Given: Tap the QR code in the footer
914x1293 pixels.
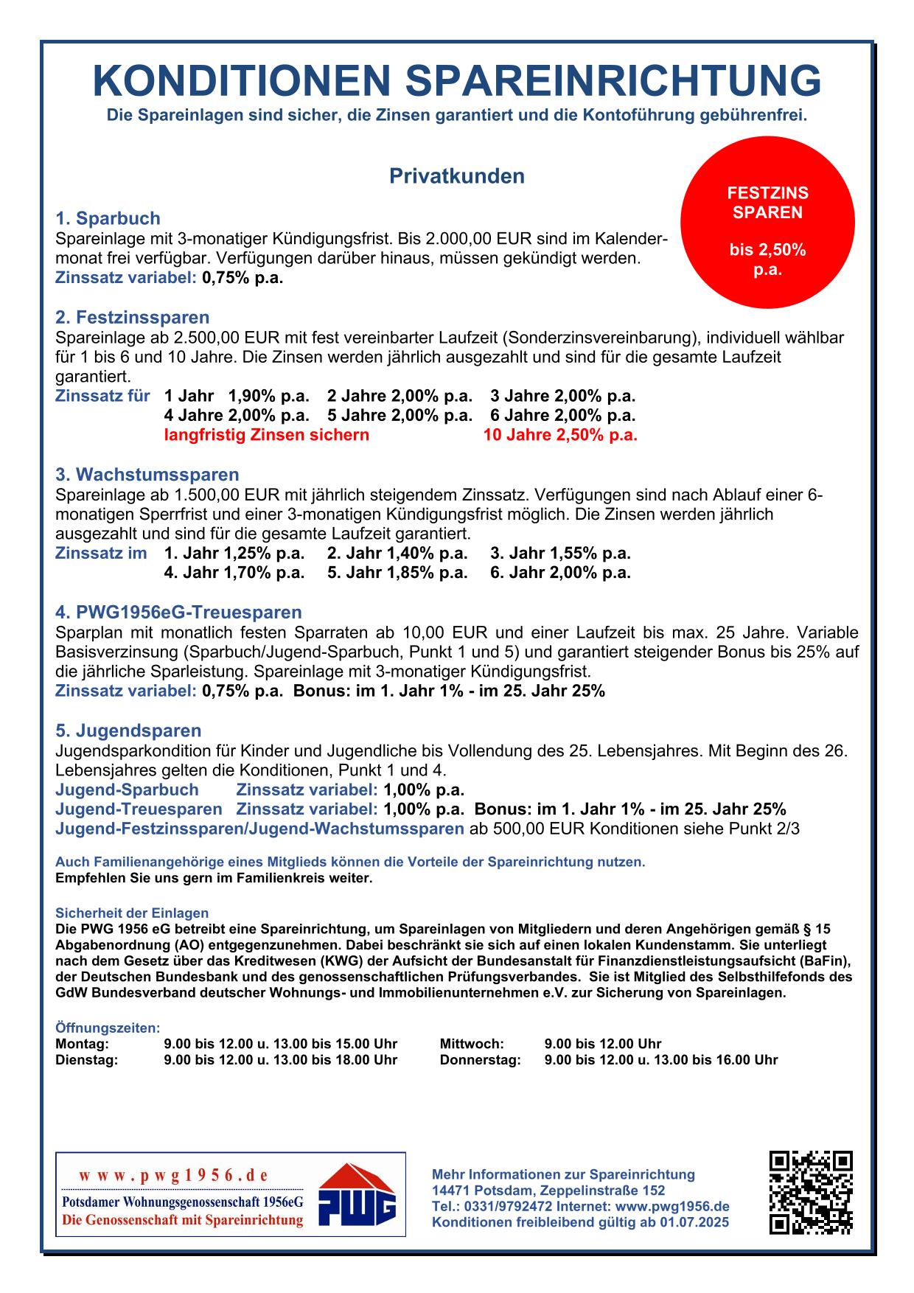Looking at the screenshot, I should [811, 1192].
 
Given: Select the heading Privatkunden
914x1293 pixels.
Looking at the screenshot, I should [456, 177].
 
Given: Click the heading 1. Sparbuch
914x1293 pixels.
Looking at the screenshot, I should [108, 218].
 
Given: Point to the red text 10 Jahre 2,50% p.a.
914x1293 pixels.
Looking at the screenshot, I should [560, 435].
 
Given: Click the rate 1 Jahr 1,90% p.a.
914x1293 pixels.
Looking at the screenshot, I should [237, 396].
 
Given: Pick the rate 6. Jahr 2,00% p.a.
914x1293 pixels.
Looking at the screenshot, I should [560, 573].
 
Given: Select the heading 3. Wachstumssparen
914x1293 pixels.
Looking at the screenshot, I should [147, 474].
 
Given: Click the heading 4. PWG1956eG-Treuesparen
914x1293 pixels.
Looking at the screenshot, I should [178, 613].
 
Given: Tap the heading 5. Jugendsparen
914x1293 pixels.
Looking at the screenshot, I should [128, 731].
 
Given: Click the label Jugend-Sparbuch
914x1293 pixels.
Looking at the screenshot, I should [127, 790].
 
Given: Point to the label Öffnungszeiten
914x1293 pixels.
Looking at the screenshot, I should [108, 1028].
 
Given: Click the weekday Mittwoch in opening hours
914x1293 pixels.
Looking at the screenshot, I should [472, 1044].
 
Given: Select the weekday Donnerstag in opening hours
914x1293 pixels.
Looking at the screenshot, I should [480, 1060].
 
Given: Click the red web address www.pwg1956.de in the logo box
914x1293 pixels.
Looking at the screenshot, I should [173, 1175].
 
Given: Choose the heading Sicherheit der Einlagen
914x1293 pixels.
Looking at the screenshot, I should [132, 913].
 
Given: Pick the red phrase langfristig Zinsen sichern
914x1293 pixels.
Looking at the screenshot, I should [266, 435].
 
